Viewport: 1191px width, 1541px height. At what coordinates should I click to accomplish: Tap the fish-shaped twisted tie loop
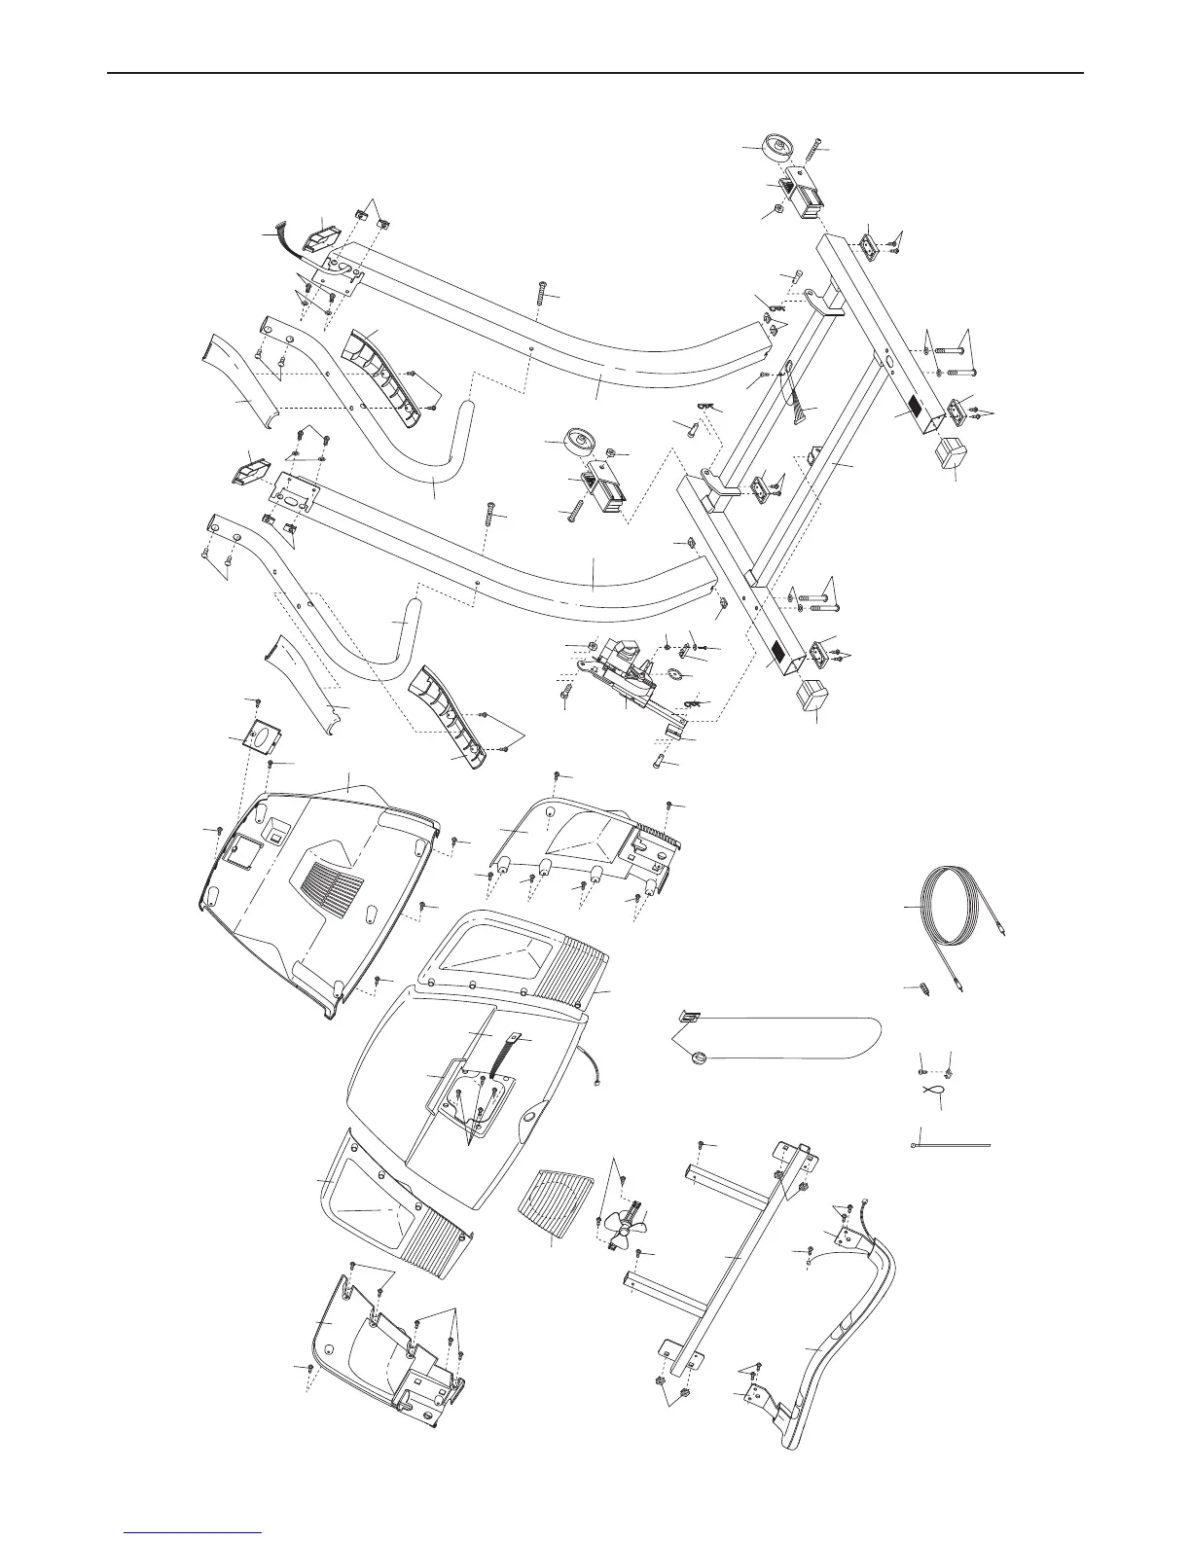(931, 1092)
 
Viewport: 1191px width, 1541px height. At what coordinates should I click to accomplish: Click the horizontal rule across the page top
(595, 73)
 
